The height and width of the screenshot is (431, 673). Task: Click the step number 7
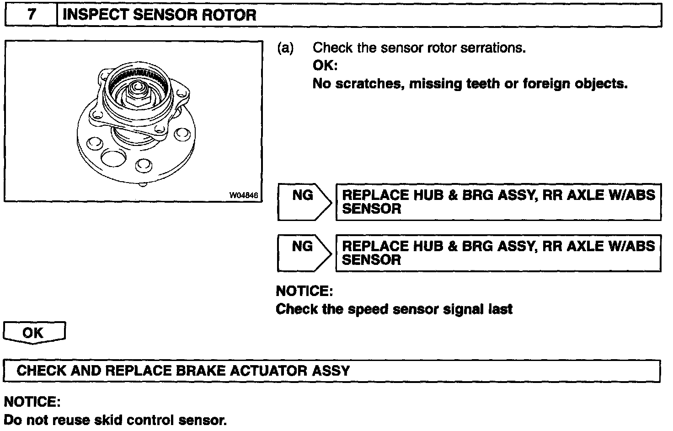31,15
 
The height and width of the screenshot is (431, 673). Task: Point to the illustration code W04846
244,195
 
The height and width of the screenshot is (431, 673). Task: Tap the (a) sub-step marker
286,48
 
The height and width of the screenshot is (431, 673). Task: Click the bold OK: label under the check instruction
325,65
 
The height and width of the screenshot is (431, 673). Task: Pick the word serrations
493,48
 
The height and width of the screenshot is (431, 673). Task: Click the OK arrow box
34,333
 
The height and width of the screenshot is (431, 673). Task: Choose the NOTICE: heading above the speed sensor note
304,291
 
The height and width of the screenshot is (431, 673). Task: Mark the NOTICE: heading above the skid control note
32,402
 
